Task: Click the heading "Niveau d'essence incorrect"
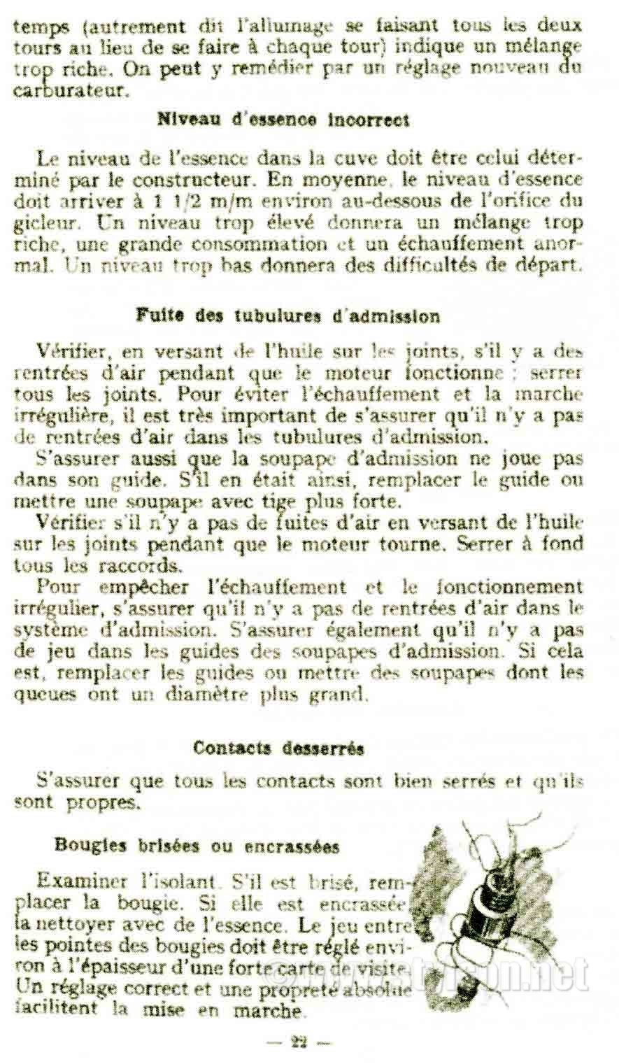click(283, 120)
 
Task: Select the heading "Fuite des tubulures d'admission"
click(287, 316)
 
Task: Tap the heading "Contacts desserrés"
click(278, 748)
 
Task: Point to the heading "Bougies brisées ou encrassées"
click(197, 846)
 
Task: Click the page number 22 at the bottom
click(300, 1042)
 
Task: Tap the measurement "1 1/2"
click(176, 201)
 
